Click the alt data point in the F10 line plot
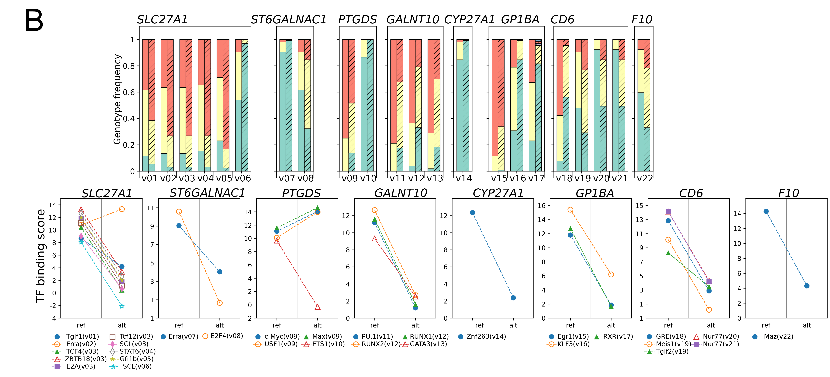pyautogui.click(x=807, y=286)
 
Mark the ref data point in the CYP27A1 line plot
pyautogui.click(x=472, y=213)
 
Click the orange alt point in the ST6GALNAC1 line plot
pyautogui.click(x=220, y=303)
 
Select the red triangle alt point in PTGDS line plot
pyautogui.click(x=317, y=307)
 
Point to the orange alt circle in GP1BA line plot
pyautogui.click(x=611, y=275)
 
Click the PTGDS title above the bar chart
pyautogui.click(x=357, y=20)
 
